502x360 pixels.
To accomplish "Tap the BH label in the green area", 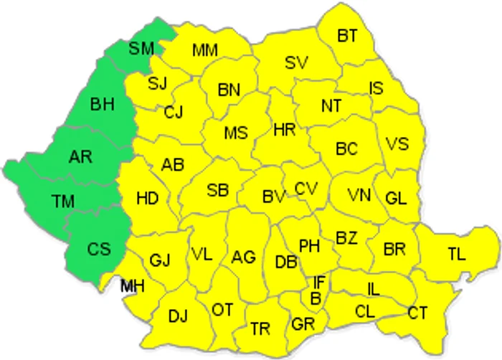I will pyautogui.click(x=102, y=105).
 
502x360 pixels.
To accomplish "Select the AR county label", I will pyautogui.click(x=80, y=156).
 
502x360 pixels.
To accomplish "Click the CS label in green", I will pyautogui.click(x=98, y=249).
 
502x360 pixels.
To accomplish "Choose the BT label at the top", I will pyautogui.click(x=347, y=34).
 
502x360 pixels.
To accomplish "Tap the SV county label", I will pyautogui.click(x=295, y=62).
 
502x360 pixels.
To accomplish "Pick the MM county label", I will pyautogui.click(x=205, y=50).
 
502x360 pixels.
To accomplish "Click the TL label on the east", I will pyautogui.click(x=456, y=252).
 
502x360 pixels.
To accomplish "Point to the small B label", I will pyautogui.click(x=315, y=297).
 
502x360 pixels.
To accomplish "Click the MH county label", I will pyautogui.click(x=133, y=286).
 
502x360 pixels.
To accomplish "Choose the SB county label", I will pyautogui.click(x=217, y=190).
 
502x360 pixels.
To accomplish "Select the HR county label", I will pyautogui.click(x=285, y=130).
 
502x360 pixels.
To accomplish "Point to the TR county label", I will pyautogui.click(x=260, y=329).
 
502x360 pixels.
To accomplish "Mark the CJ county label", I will pyautogui.click(x=173, y=113).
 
